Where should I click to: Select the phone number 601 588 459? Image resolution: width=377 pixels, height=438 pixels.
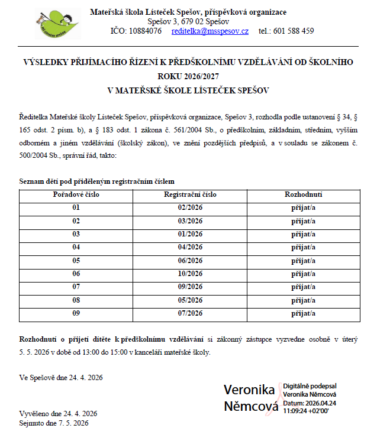click(x=295, y=31)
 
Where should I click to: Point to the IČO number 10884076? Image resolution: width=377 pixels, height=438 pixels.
click(x=144, y=31)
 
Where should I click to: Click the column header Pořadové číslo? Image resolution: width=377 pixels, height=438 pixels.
click(x=76, y=194)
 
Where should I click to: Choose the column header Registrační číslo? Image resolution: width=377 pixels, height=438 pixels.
click(x=190, y=194)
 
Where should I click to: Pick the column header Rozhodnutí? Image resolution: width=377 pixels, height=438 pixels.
click(x=303, y=194)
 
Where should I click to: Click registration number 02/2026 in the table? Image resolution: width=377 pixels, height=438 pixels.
click(x=190, y=207)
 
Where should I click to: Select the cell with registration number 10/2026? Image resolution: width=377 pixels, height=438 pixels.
click(x=190, y=274)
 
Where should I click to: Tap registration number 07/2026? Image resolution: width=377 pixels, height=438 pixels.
click(x=190, y=313)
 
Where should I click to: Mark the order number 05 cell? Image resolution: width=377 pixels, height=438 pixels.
click(x=76, y=261)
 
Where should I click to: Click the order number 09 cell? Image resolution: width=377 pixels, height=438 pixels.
click(x=76, y=313)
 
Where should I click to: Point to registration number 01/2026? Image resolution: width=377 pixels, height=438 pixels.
click(x=190, y=234)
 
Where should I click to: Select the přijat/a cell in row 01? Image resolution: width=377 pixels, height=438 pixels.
click(x=303, y=207)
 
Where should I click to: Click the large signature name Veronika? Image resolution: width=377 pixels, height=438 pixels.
click(x=249, y=390)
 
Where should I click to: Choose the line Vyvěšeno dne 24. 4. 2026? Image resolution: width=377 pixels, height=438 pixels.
click(x=58, y=413)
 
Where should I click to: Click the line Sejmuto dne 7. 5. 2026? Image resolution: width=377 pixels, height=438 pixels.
click(x=54, y=423)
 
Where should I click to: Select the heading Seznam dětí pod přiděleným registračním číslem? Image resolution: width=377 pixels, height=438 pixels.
click(x=97, y=181)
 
